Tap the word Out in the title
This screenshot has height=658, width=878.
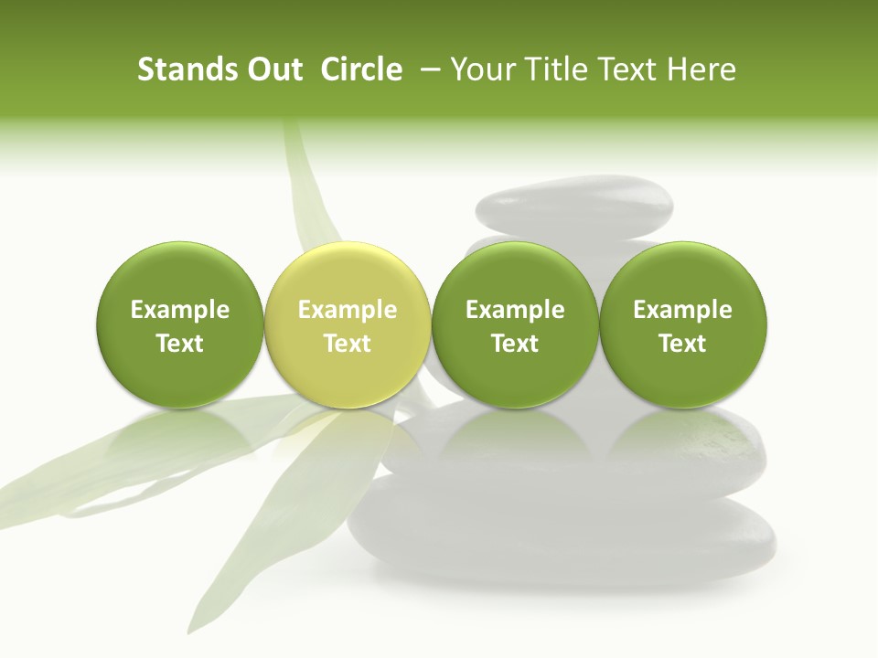coord(273,69)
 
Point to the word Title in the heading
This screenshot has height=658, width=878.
coord(553,69)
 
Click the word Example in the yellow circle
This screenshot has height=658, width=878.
coord(348,310)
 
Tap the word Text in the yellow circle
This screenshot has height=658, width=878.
coord(348,344)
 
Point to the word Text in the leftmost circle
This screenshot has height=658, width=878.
coord(179,344)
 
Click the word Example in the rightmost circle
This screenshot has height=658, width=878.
coord(683,310)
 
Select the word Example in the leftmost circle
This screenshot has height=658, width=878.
coord(179,310)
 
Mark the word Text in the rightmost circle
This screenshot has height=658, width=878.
coord(683,344)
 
